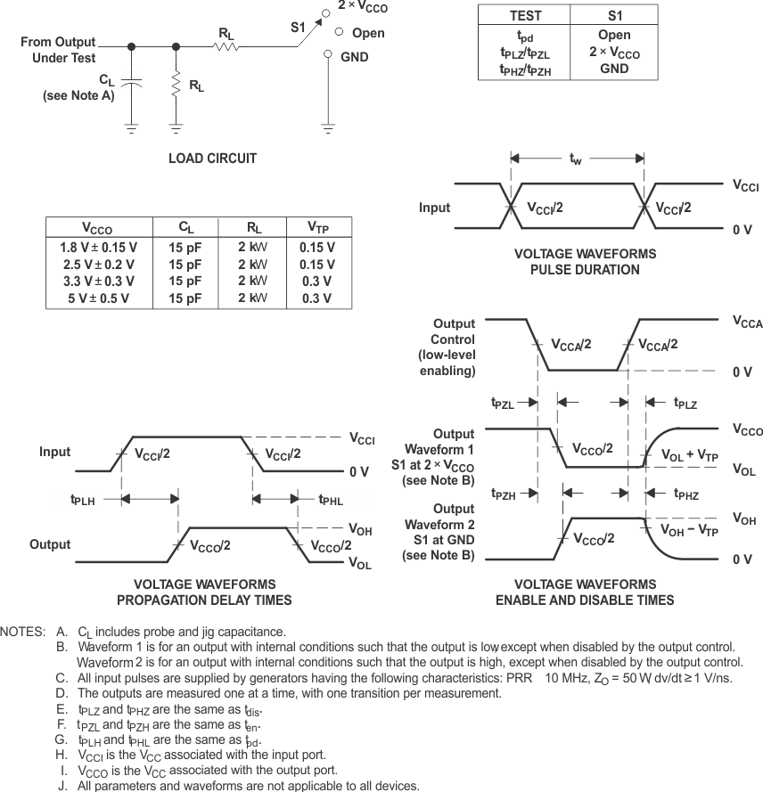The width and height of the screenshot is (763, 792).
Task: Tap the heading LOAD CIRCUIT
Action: pos(212,159)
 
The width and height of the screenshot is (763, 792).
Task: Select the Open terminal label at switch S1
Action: pos(368,33)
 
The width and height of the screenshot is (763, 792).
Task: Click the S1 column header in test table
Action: pos(614,16)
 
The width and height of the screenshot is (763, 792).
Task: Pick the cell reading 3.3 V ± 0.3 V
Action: pos(98,282)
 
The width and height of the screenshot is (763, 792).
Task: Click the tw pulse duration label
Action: pos(577,159)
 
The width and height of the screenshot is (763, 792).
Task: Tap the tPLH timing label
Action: pos(84,501)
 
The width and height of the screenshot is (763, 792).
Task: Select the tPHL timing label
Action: pos(331,501)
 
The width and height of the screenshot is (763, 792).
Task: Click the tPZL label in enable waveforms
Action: pos(503,404)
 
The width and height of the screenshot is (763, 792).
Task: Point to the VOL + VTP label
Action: pos(689,455)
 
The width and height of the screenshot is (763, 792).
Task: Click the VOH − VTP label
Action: pos(689,529)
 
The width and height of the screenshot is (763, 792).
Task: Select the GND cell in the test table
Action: pos(614,69)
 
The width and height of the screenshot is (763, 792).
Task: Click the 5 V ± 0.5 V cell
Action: pos(98,298)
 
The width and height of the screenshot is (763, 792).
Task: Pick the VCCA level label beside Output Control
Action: pos(747,323)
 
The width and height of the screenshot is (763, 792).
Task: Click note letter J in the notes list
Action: pos(62,786)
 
